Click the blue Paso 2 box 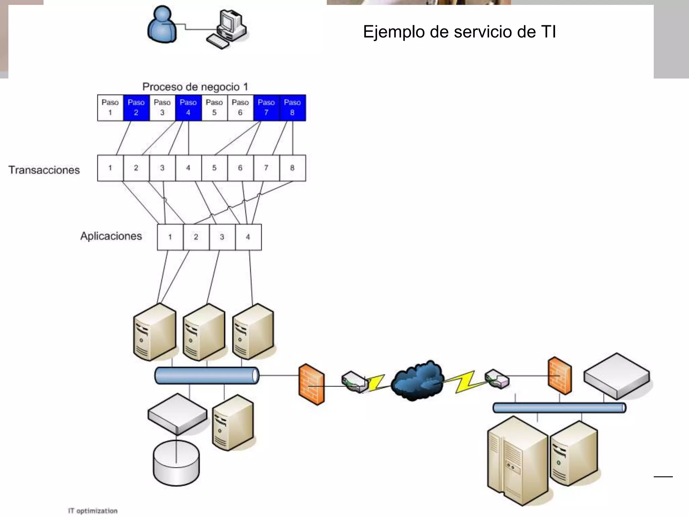pos(136,108)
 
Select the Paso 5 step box pos(214,108)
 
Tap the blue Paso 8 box pos(292,108)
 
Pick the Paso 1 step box pos(110,108)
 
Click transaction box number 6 pos(240,168)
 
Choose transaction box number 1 pos(110,168)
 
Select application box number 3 pos(222,237)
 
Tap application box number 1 pos(170,237)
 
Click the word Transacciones pos(44,170)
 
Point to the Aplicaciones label pos(111,236)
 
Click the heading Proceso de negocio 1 pos(195,87)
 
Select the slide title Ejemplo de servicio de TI pos(459,32)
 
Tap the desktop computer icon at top pos(229,29)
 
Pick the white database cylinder pos(176,463)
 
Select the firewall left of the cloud pos(312,384)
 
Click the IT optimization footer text pos(93,511)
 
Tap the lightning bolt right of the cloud pos(466,382)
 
